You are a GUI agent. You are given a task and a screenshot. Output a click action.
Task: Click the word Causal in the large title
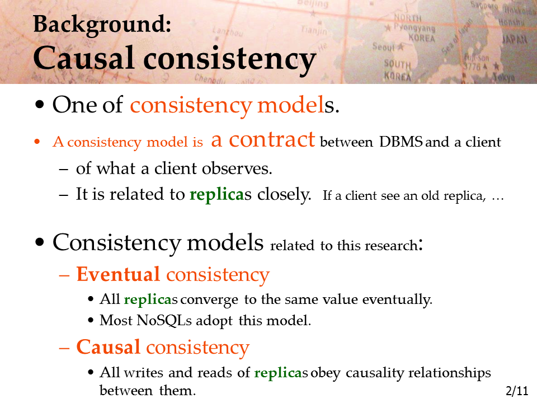(83, 58)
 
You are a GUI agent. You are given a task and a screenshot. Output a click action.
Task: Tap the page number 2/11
(517, 391)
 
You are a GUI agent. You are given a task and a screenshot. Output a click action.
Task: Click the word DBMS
(401, 142)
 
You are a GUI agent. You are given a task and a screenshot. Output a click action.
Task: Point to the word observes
(237, 168)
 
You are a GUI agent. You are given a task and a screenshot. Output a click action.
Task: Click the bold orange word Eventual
(118, 274)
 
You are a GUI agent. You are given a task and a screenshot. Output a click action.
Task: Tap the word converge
(209, 300)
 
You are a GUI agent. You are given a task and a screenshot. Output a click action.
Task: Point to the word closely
(284, 194)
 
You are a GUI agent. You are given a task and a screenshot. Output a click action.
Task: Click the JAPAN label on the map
(515, 39)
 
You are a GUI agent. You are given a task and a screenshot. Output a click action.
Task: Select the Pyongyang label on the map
(414, 27)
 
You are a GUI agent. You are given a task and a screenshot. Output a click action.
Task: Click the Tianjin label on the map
(314, 30)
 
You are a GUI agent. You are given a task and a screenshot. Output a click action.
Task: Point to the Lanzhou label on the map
(228, 32)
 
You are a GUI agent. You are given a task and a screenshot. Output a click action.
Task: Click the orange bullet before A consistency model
(37, 142)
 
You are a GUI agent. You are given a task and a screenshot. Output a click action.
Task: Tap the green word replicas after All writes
(281, 373)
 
